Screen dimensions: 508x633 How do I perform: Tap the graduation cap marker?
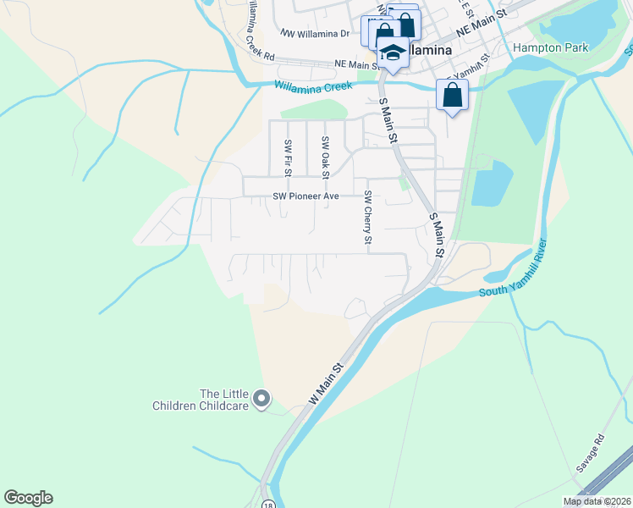[393, 52]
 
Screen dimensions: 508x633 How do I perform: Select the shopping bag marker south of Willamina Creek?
[453, 96]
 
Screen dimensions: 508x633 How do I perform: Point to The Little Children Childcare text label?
[201, 400]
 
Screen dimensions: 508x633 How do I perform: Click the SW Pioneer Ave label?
[305, 196]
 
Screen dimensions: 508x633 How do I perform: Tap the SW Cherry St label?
[368, 218]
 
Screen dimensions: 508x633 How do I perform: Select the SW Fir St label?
[289, 157]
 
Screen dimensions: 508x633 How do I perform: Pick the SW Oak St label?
[325, 157]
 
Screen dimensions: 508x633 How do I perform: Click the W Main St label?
[326, 383]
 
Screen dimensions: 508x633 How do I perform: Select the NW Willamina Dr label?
[314, 34]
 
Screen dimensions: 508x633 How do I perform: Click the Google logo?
[28, 498]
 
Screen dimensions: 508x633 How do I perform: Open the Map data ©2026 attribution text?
[597, 501]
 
